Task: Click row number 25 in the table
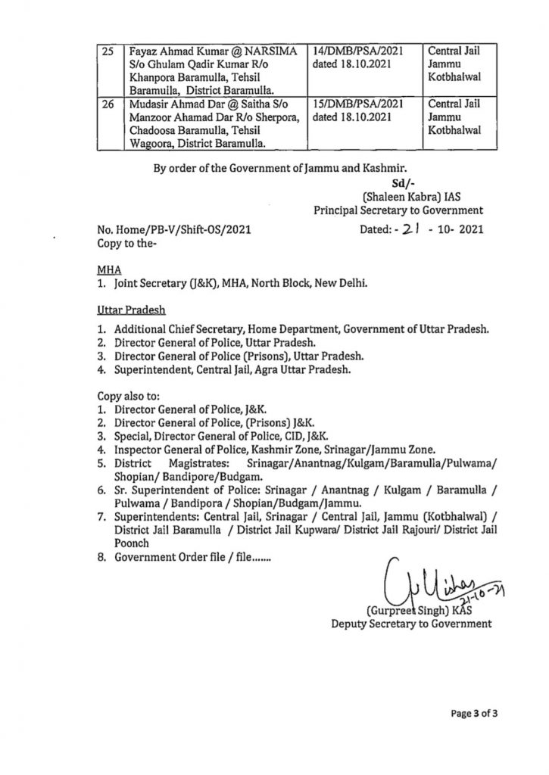point(108,52)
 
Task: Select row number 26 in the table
point(108,101)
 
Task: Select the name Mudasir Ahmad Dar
point(161,101)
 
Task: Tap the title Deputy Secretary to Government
point(411,624)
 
